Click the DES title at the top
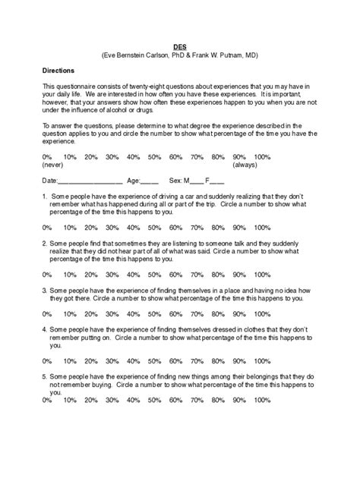[180, 46]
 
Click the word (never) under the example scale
[53, 165]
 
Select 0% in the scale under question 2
[47, 274]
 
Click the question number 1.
[45, 196]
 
